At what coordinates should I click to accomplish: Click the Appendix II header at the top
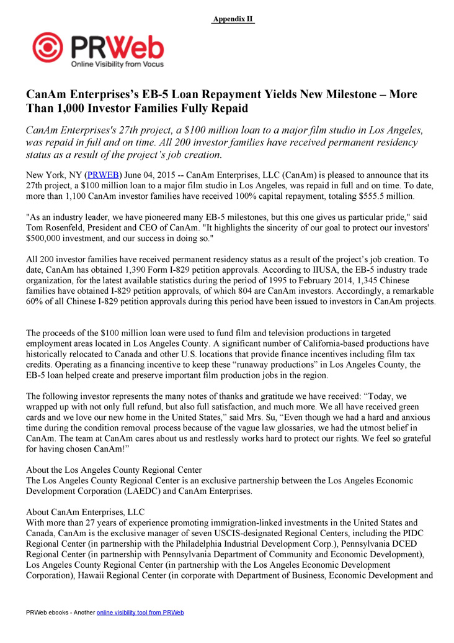[x=233, y=19]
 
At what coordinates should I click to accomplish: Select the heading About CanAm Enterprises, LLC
[x=85, y=513]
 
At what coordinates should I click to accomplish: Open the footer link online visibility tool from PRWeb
[x=140, y=613]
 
